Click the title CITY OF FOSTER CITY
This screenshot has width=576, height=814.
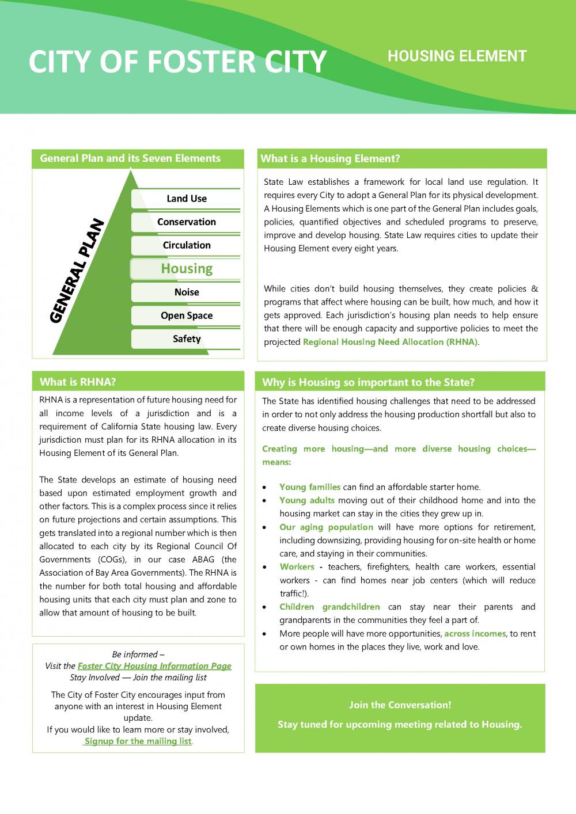coord(177,62)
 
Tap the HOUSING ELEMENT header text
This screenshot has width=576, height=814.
coord(457,56)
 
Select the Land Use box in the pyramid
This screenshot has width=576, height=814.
coord(186,199)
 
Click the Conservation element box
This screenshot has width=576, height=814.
coord(186,222)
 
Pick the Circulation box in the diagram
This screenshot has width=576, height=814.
coord(186,245)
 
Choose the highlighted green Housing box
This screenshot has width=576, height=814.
coord(186,269)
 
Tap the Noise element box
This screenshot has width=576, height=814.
coord(186,292)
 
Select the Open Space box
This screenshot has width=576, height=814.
coord(186,315)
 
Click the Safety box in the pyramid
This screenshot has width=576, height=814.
coord(186,339)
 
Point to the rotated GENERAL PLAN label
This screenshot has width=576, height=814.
coord(77,271)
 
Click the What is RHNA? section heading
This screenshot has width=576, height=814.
coord(78,382)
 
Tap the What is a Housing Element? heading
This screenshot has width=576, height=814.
coord(330,159)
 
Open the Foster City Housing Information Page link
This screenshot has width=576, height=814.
coord(154,666)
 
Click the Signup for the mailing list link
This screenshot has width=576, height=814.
coord(138,741)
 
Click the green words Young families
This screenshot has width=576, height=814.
coord(310,487)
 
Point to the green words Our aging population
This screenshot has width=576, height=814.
coord(326,527)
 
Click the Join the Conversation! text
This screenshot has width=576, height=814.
coord(400,705)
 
